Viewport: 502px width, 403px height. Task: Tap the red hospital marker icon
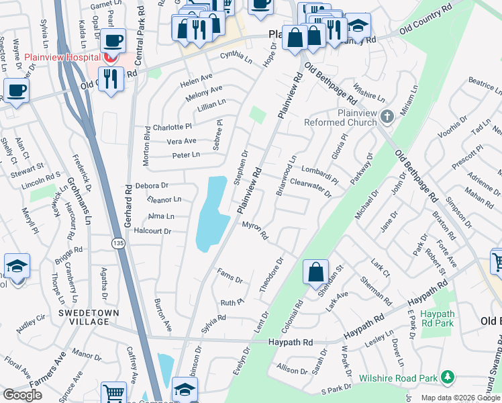pyautogui.click(x=108, y=58)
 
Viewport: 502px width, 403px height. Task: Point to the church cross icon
pyautogui.click(x=387, y=118)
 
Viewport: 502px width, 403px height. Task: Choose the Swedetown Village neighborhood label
pyautogui.click(x=89, y=318)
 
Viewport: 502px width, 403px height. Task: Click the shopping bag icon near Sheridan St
pyautogui.click(x=315, y=272)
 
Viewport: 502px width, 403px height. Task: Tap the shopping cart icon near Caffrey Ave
pyautogui.click(x=113, y=394)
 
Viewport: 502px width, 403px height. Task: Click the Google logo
pyautogui.click(x=23, y=395)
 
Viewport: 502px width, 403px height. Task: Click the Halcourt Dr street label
pyautogui.click(x=154, y=231)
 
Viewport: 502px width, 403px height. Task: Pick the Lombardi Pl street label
pyautogui.click(x=319, y=173)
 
